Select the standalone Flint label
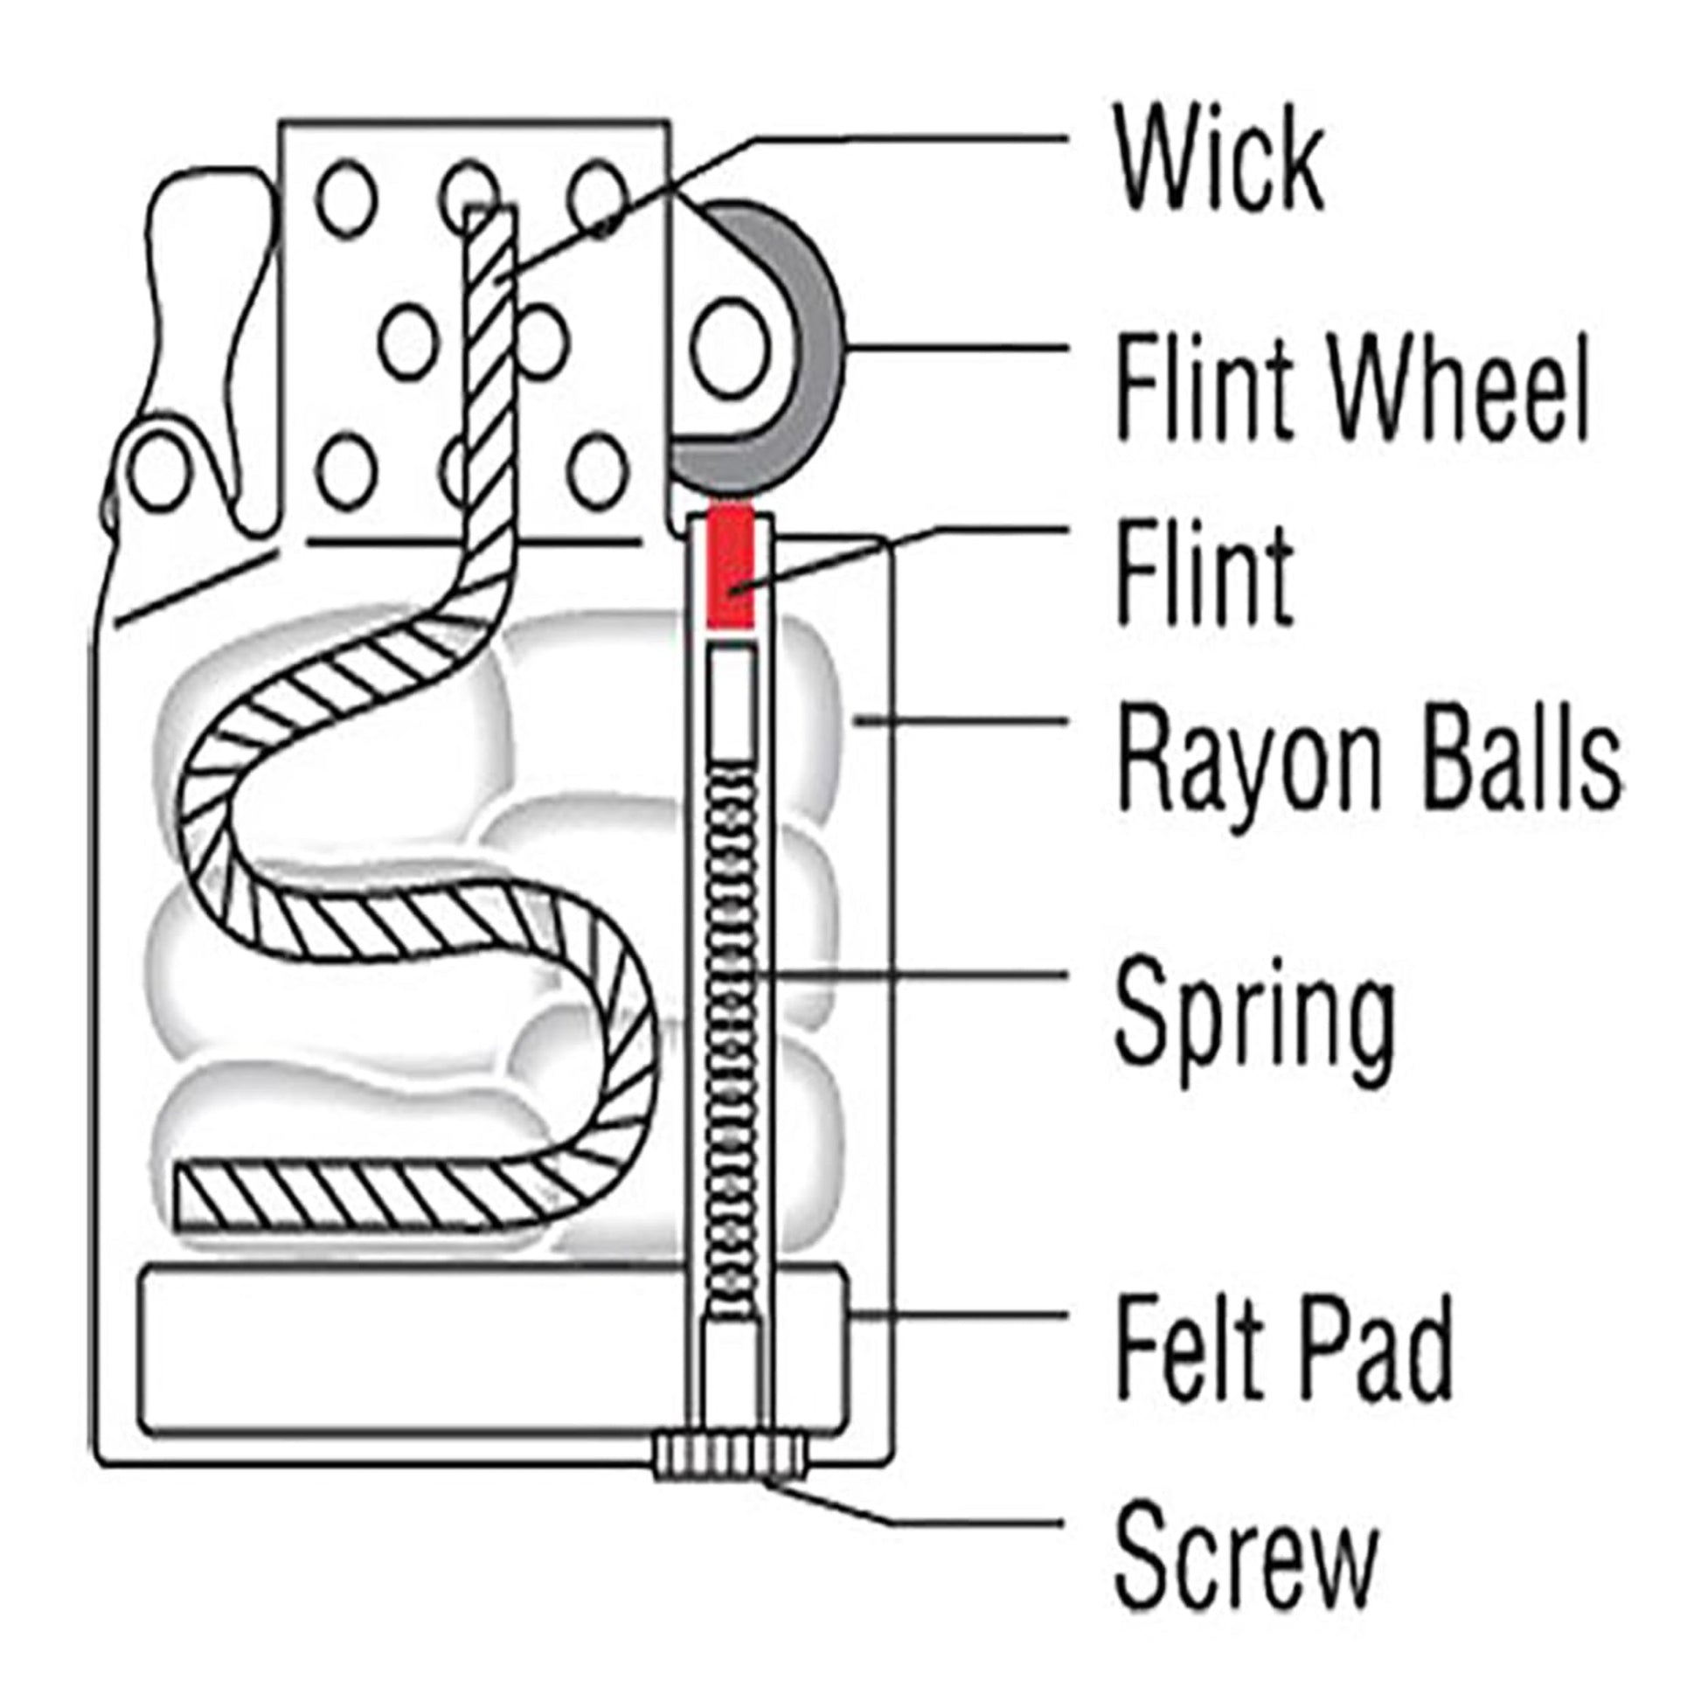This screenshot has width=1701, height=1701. (x=1203, y=573)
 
